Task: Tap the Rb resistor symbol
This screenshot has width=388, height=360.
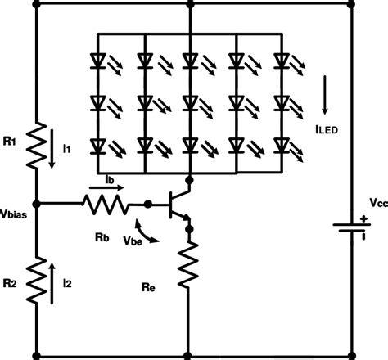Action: (106, 202)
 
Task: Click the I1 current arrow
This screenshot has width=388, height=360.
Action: (54, 151)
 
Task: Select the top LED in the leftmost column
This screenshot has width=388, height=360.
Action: (98, 60)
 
